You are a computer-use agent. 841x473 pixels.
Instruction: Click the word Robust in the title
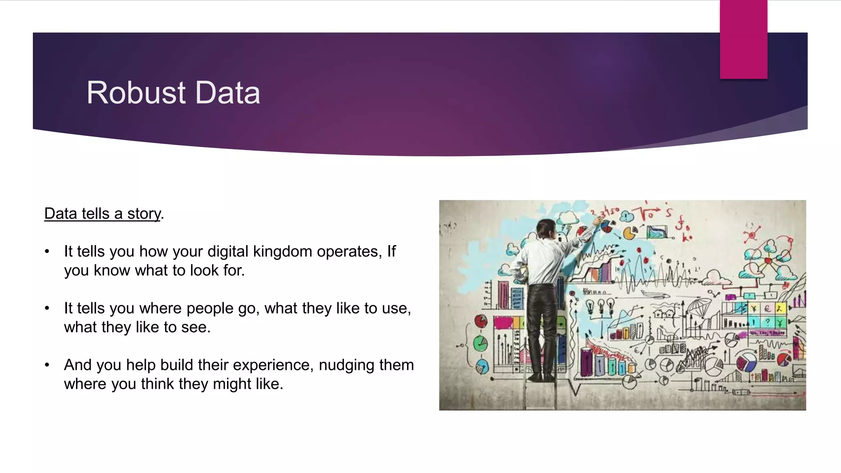coord(136,93)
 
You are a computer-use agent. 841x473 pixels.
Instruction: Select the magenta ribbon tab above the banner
coord(743,39)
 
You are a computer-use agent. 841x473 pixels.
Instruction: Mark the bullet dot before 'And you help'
coord(47,365)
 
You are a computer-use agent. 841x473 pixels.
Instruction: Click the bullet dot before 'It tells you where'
coord(47,308)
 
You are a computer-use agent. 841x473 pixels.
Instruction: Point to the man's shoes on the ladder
coord(542,377)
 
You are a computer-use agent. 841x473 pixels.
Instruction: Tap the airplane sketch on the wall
coord(653,294)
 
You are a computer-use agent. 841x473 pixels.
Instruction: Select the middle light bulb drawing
coord(600,305)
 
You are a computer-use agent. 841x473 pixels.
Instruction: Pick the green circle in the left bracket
coord(480,343)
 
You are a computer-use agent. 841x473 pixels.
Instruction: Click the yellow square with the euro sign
coord(767,308)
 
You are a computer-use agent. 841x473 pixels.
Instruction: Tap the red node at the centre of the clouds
coord(768,260)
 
